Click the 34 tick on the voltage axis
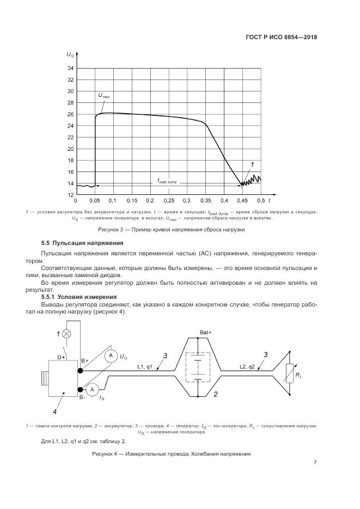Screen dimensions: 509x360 [x=71, y=69]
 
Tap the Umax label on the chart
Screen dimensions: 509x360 [x=103, y=96]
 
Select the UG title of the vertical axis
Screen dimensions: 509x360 [x=71, y=55]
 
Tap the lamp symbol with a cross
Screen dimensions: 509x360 [x=67, y=334]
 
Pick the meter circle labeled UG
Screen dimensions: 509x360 [x=110, y=355]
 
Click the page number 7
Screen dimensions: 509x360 [x=315, y=463]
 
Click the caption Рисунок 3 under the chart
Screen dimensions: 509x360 [x=170, y=230]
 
